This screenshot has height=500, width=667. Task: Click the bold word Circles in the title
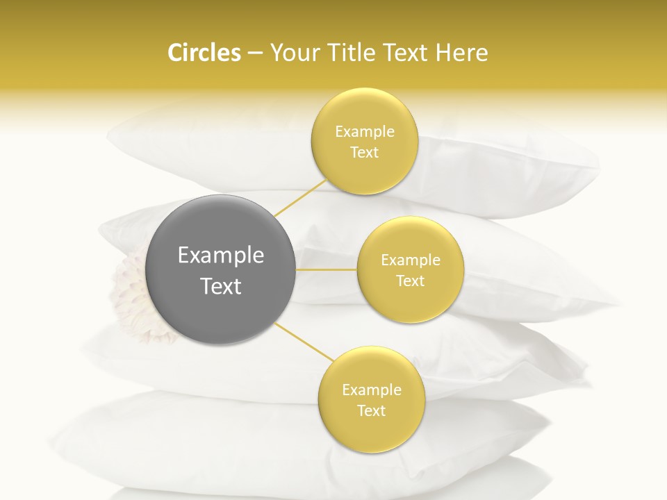pyautogui.click(x=204, y=53)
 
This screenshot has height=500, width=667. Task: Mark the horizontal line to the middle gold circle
pyautogui.click(x=327, y=269)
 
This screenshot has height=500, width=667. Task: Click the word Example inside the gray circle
pyautogui.click(x=221, y=256)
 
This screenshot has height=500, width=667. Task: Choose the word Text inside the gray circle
pyautogui.click(x=221, y=286)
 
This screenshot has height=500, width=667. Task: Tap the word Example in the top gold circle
pyautogui.click(x=364, y=132)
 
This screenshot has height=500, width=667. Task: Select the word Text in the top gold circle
pyautogui.click(x=364, y=153)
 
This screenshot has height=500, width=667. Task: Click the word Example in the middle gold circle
pyautogui.click(x=410, y=260)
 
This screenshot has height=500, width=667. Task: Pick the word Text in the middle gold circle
pyautogui.click(x=410, y=281)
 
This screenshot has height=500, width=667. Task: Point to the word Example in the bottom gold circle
pyautogui.click(x=371, y=390)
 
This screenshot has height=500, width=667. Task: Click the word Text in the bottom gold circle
pyautogui.click(x=371, y=410)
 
